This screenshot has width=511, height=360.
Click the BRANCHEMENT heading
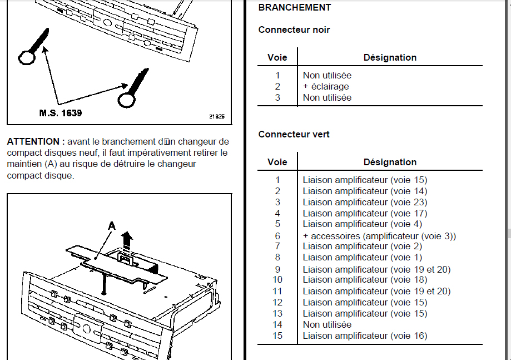pos(295,8)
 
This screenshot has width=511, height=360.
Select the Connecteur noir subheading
pos(294,29)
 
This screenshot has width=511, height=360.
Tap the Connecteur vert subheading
pos(294,134)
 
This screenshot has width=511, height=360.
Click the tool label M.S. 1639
pos(61,113)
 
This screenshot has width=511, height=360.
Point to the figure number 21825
pos(217,117)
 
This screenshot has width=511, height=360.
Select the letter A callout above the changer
pos(111,225)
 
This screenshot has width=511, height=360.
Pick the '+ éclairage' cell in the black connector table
pos(326,86)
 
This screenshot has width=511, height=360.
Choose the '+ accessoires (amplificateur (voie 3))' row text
pos(379,236)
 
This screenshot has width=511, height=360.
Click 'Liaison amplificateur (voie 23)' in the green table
pos(365,202)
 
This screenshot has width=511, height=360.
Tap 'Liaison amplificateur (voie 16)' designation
pos(365,336)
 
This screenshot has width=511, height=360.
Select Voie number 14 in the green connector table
pos(277,324)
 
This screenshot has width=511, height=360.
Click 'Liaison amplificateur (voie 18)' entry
pos(365,280)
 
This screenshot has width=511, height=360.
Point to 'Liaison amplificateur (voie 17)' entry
pos(365,213)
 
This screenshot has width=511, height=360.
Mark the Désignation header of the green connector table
pos(390,162)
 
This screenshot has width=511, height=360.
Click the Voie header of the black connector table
pos(277,57)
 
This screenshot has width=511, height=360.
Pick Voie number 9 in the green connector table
pos(277,269)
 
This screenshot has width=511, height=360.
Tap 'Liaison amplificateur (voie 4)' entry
pos(363,224)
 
